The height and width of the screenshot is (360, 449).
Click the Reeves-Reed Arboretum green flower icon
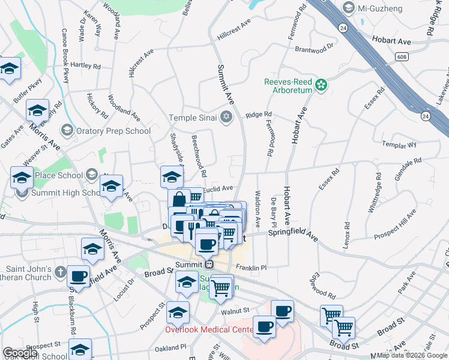(322, 85)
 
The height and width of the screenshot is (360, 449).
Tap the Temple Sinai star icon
(226, 116)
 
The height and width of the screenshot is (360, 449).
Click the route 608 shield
(402, 56)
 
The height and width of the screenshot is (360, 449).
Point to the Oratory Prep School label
(112, 131)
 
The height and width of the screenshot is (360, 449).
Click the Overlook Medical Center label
(209, 329)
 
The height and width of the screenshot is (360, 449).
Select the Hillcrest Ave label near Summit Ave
(234, 32)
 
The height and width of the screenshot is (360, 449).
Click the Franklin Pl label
(250, 267)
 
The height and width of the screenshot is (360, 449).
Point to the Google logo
(20, 353)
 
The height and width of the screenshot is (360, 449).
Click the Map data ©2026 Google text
(412, 355)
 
